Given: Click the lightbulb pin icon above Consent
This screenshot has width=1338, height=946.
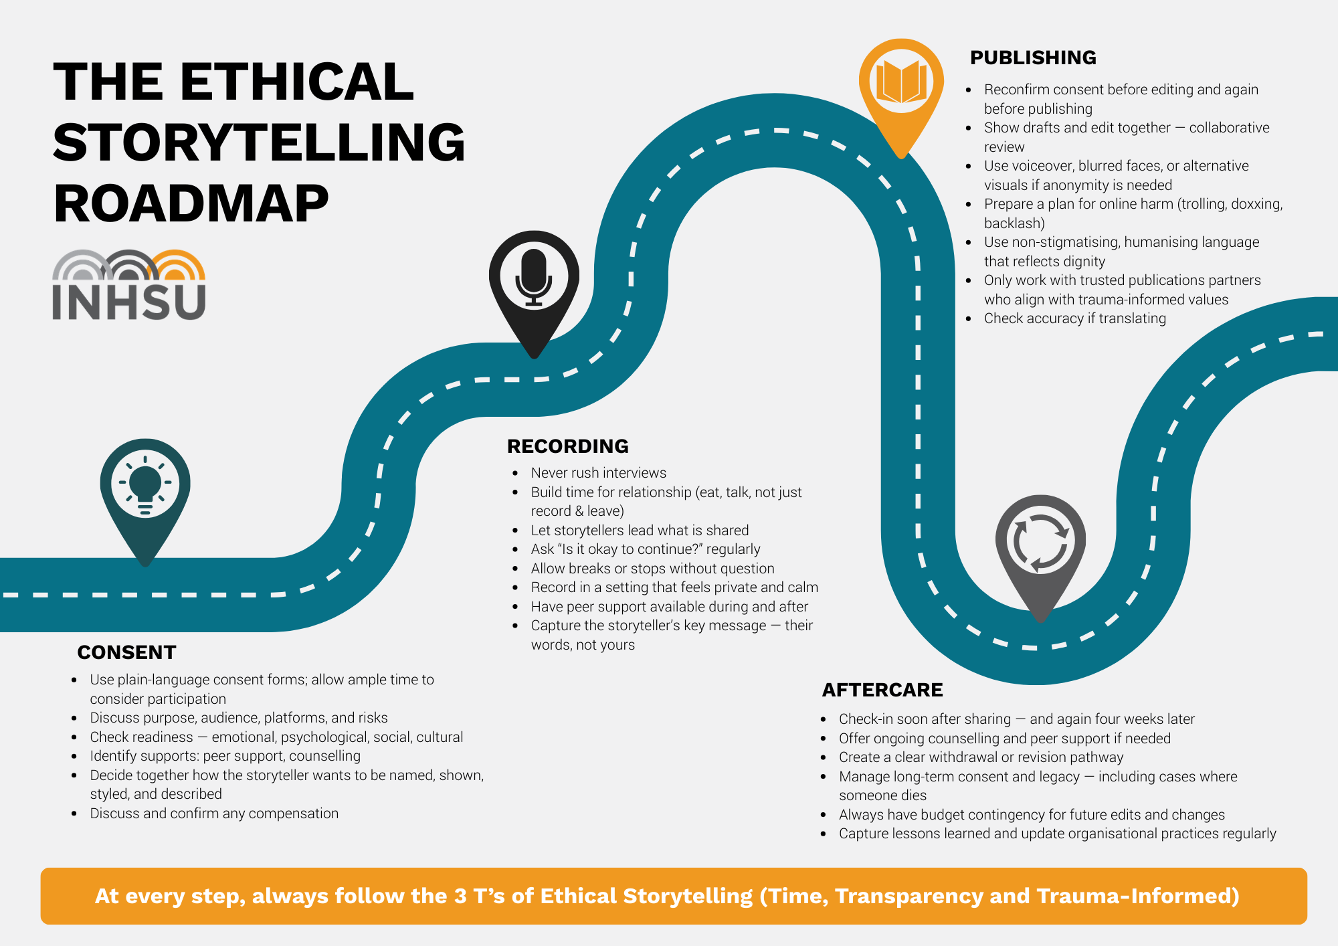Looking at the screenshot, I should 145,485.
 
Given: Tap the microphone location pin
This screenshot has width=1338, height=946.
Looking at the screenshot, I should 534,278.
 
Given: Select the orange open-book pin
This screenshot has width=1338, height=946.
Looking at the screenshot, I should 901,84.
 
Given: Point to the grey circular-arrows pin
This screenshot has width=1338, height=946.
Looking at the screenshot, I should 1040,542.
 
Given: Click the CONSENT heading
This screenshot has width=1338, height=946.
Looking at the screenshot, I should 126,652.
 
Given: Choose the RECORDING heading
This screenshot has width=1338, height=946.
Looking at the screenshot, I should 567,446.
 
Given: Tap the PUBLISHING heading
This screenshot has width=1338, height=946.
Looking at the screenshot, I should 1033,58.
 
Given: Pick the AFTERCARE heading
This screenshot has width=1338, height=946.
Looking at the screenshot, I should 882,690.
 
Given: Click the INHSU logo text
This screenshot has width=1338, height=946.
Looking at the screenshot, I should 128,302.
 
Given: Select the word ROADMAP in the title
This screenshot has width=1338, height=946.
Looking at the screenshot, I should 191,203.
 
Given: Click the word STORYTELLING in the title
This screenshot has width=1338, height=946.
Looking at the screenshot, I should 259,143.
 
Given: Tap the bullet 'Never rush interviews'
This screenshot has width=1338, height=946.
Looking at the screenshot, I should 598,473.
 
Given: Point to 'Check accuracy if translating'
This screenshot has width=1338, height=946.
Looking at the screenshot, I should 1074,318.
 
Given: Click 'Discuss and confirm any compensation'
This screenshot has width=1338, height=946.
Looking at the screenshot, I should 214,814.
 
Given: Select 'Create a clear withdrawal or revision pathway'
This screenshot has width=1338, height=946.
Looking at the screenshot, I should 981,757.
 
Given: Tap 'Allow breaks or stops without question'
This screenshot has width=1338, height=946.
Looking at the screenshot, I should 652,569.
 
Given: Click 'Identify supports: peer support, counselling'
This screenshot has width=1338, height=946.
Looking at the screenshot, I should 225,756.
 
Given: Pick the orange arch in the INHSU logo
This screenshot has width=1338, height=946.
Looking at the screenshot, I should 178,265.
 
